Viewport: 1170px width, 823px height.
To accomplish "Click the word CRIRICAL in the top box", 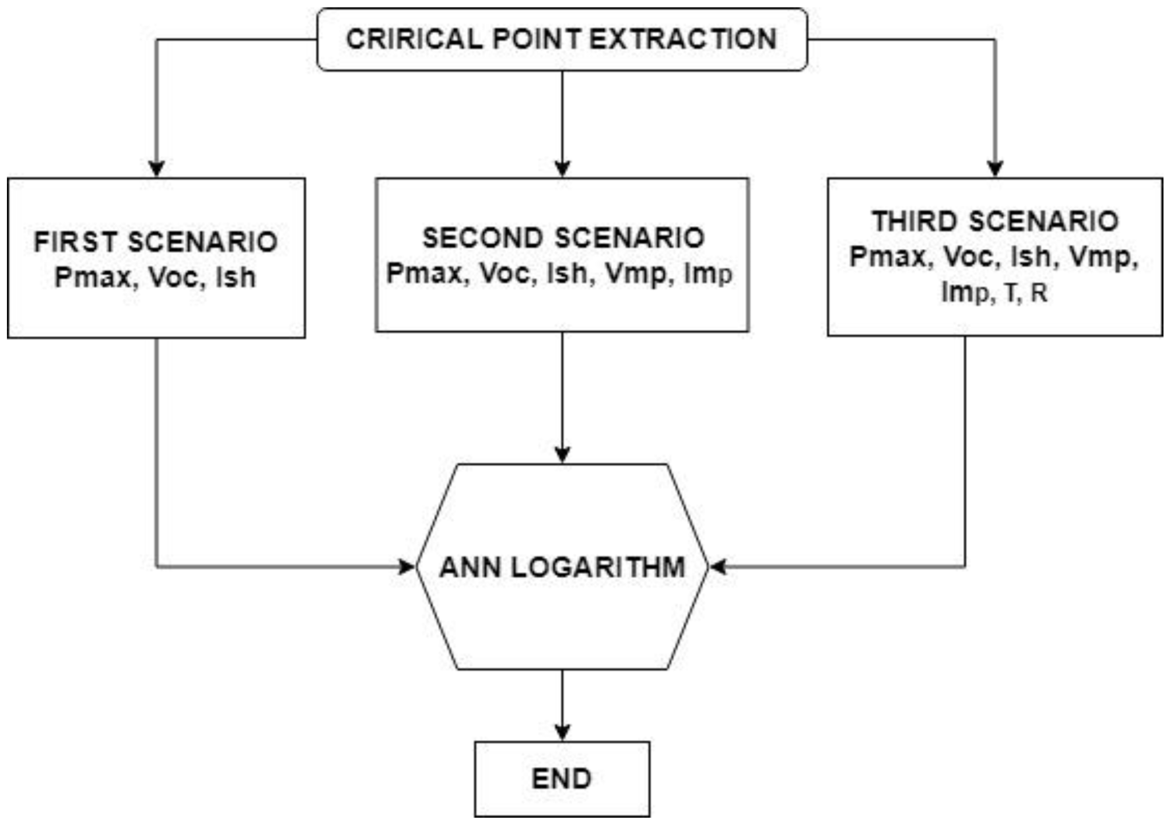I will [x=414, y=39].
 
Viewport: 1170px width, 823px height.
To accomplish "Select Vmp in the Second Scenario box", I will [x=635, y=273].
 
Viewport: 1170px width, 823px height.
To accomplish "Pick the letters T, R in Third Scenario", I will [x=1027, y=293].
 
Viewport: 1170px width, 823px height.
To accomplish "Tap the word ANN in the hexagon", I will [x=469, y=568].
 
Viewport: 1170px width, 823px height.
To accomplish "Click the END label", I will [x=562, y=779].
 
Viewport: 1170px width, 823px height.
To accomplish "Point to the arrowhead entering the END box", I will [x=562, y=732].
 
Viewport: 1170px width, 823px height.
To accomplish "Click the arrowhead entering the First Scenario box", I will [x=156, y=169].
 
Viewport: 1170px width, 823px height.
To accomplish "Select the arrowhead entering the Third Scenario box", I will [x=995, y=169].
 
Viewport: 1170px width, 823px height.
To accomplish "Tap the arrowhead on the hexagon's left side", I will [x=407, y=567].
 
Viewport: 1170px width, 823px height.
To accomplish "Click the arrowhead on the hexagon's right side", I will [x=718, y=567].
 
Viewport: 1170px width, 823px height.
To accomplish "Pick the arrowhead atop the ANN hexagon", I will [x=562, y=454].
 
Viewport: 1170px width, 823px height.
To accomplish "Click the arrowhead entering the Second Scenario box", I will [x=562, y=169].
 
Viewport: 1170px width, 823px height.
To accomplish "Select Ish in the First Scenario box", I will [x=236, y=277].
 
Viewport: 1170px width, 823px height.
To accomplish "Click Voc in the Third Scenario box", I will [x=968, y=257].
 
